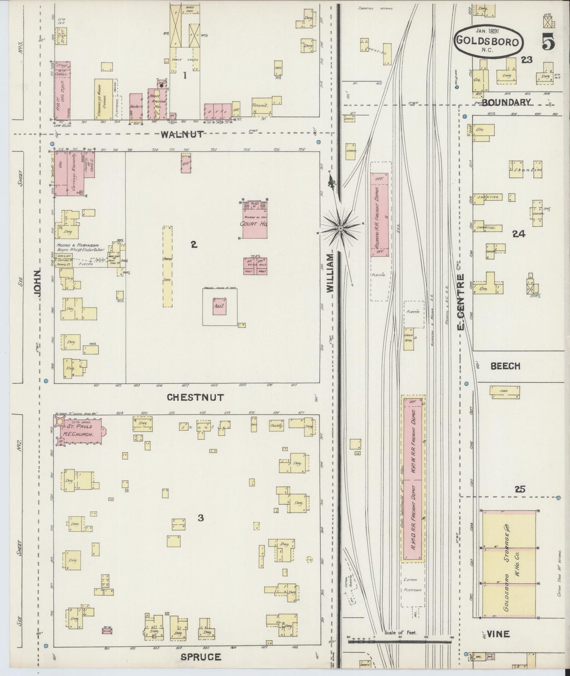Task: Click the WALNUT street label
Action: [x=182, y=134]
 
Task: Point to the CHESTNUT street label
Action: [x=196, y=397]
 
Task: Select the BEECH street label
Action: [x=505, y=366]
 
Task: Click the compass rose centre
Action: [x=340, y=228]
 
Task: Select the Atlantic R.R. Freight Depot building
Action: [x=379, y=215]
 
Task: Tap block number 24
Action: [x=518, y=234]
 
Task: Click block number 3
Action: [x=201, y=518]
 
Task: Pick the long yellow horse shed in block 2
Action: [x=168, y=266]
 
